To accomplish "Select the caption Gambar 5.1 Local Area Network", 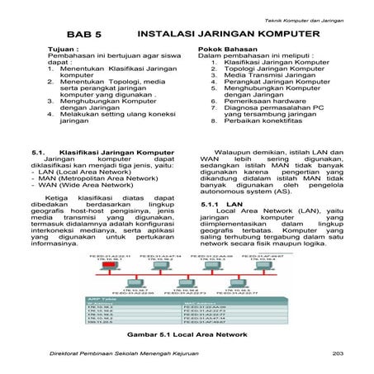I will tap(187, 337).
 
